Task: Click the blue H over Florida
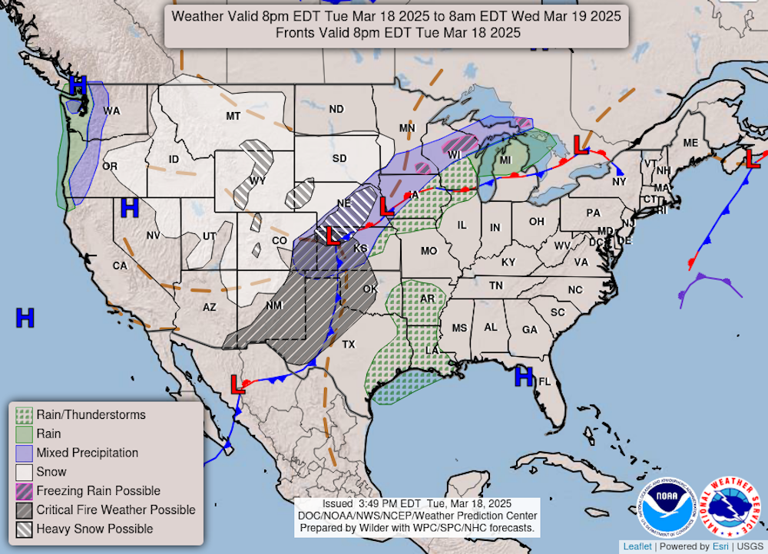[x=524, y=376]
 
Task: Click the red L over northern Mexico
[x=237, y=384]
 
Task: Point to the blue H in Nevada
[x=129, y=207]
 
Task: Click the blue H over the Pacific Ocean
[x=25, y=317]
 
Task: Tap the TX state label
[x=349, y=345]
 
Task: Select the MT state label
[x=233, y=116]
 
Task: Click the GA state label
[x=529, y=329]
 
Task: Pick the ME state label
[x=690, y=143]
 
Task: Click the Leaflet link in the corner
[x=637, y=546]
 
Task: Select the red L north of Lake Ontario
[x=581, y=144]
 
